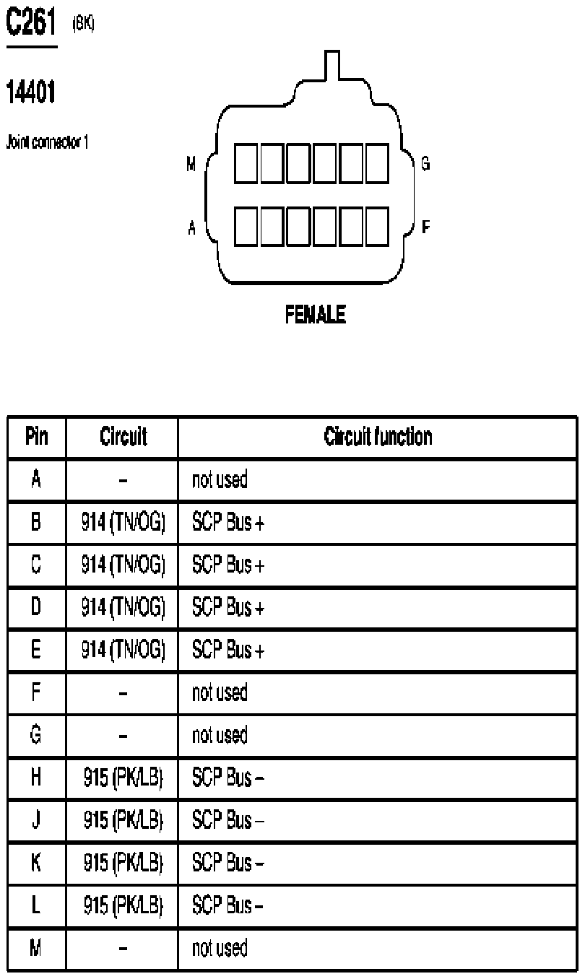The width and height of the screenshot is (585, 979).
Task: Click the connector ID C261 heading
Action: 32,25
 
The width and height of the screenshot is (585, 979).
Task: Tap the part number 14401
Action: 31,92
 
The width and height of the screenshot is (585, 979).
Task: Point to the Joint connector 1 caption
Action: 48,142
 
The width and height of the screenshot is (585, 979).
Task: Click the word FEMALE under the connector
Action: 315,315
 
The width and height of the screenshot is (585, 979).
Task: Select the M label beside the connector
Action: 191,165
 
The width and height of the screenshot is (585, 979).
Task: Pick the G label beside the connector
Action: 425,165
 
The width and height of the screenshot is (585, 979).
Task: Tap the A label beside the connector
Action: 191,227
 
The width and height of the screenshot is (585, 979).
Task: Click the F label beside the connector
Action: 425,227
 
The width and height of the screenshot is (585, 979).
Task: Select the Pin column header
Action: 37,437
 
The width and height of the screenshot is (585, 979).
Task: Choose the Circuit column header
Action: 123,437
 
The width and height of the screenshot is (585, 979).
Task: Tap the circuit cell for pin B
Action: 123,523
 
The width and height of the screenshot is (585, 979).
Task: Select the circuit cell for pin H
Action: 123,778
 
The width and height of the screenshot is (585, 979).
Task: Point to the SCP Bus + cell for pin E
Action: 228,651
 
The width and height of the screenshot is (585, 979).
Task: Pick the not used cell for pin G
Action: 220,735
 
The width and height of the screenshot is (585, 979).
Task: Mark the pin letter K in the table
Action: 37,863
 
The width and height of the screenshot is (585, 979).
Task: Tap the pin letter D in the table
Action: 37,608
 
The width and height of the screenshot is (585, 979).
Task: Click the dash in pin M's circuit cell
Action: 123,948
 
